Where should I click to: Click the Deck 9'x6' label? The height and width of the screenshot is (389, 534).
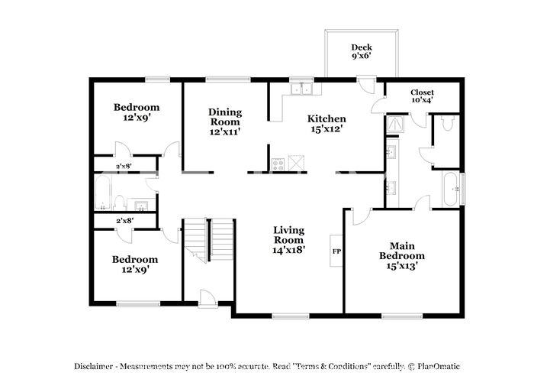coord(362,51)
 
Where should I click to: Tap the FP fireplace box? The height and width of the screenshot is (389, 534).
coord(336,251)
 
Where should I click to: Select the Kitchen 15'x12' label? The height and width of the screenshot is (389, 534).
coord(327,124)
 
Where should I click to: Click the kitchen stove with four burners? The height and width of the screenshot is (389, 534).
coord(278,164)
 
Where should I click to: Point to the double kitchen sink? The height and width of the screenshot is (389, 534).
coord(302,88)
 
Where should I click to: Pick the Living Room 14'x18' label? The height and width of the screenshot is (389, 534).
coord(289,240)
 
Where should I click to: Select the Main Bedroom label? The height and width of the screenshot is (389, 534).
coord(402,255)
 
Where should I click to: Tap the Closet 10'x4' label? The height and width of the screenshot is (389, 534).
coord(422,96)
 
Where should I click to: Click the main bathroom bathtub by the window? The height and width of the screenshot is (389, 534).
coord(451,189)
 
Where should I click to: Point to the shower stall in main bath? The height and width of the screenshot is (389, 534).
coord(395,125)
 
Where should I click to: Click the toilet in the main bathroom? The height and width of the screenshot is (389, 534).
coord(447,123)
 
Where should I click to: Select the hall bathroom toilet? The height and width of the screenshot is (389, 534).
coord(119,203)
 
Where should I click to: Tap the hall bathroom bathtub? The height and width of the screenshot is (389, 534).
coord(102,193)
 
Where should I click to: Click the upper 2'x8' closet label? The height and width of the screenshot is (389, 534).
coord(124,166)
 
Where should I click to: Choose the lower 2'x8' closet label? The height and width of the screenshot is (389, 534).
coord(124,221)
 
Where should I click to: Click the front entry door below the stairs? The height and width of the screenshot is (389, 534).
coord(207,300)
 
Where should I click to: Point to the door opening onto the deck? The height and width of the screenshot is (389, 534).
coord(366,85)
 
